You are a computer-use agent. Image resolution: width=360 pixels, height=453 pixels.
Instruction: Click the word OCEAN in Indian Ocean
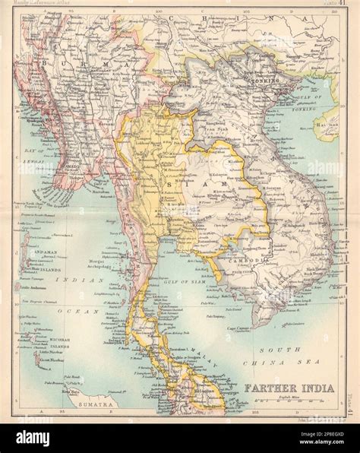click(x=70, y=312)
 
